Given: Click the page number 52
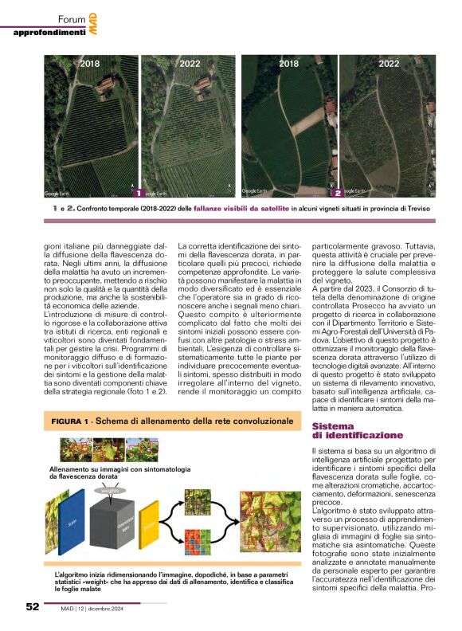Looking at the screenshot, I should pos(32,606).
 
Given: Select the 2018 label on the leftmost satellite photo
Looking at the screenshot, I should pos(90,64).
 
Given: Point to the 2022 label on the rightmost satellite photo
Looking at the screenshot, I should pos(389,64).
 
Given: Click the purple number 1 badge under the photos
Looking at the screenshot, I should pos(138,193).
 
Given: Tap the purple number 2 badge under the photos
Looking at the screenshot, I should pos(338,193).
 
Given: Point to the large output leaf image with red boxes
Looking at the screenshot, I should pos(271,521).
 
